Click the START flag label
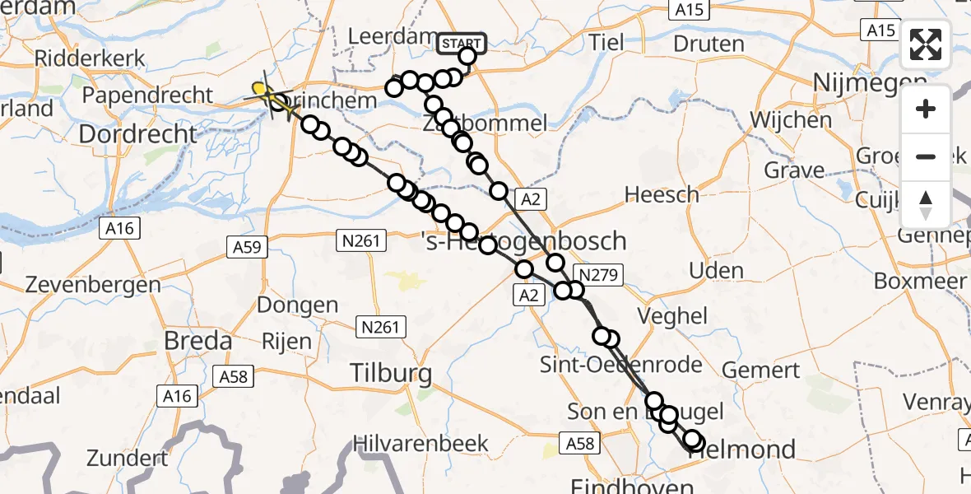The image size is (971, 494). (463, 43)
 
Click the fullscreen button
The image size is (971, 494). (926, 44)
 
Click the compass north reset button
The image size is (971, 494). (926, 204)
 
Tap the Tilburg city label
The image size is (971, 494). (391, 373)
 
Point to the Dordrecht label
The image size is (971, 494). (139, 133)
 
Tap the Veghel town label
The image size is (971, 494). (671, 315)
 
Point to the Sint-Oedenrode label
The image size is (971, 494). (621, 364)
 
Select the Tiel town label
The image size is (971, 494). (607, 42)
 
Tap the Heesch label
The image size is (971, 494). (662, 194)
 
